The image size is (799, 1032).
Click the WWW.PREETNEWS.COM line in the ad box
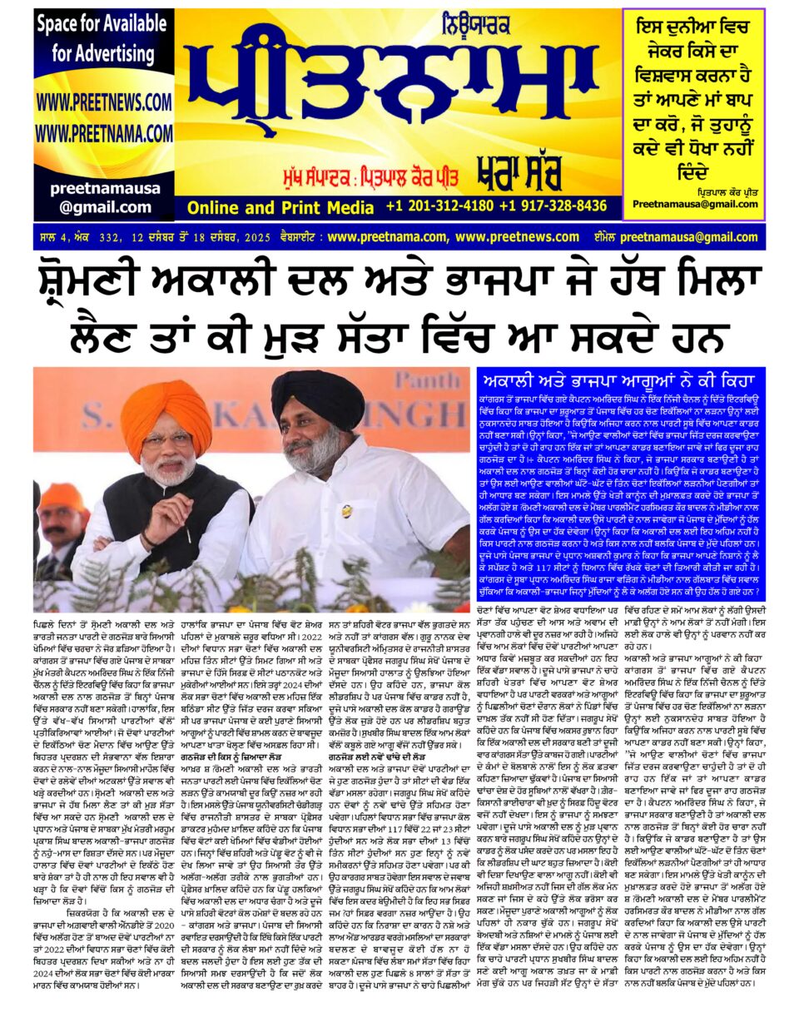104,102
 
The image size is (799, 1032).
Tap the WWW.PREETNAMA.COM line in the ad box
104,134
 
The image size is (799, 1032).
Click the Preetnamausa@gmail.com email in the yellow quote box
707,204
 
